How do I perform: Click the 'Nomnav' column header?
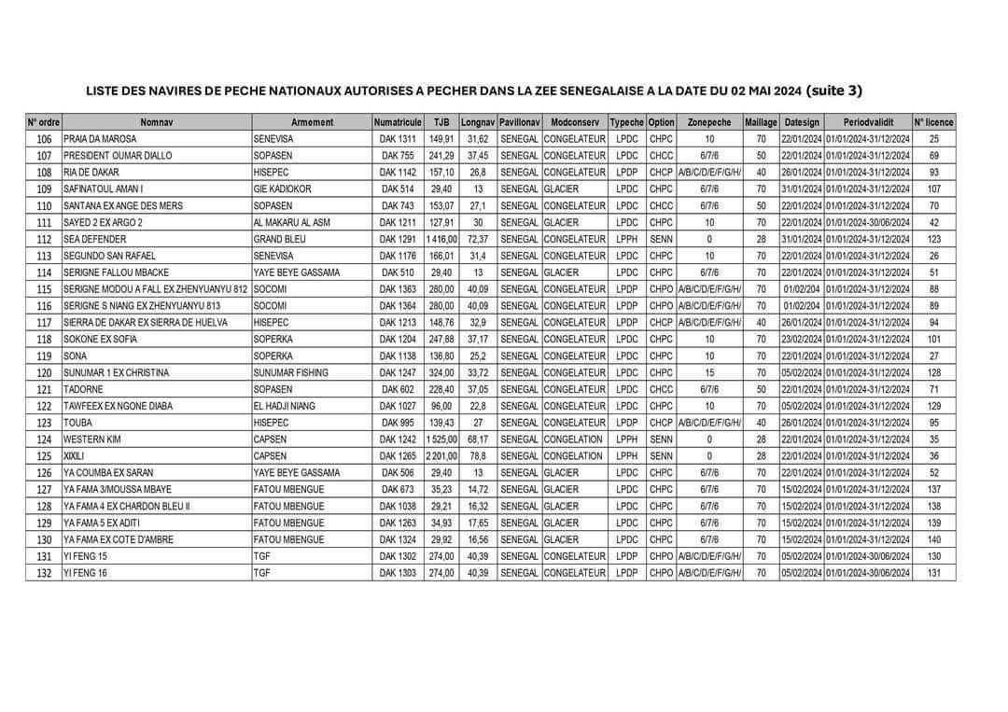(x=157, y=122)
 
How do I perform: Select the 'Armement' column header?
(x=312, y=122)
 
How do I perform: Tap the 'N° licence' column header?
(x=933, y=122)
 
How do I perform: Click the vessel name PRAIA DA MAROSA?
(x=100, y=139)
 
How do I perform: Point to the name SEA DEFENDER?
(x=94, y=239)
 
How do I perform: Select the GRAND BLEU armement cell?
(x=281, y=239)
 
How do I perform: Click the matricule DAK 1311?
(x=398, y=139)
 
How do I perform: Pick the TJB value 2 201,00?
(x=441, y=455)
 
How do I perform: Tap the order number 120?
(x=44, y=372)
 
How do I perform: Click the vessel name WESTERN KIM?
(x=93, y=439)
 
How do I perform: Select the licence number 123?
(x=933, y=239)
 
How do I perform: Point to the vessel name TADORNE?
(x=84, y=389)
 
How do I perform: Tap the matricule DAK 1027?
(x=398, y=406)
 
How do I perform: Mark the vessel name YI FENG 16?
(x=86, y=573)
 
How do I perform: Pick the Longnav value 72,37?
(x=478, y=239)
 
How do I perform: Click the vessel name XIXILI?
(x=76, y=455)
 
